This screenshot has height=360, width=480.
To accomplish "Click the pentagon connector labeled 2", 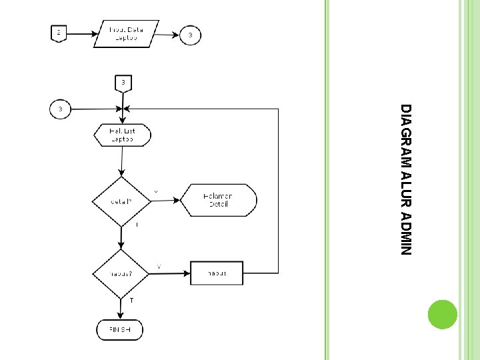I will point(59,33).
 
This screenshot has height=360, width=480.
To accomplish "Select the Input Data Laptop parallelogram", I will point(127,33).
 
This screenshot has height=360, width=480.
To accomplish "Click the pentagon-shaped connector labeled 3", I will point(123,83).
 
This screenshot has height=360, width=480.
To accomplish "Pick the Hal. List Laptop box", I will point(122,135).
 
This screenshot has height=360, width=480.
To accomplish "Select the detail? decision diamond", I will point(121,201).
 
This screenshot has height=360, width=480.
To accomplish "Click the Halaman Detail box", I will point(219,201).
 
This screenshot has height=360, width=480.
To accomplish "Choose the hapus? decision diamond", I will point(121,273).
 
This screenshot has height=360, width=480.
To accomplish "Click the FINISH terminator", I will point(121,329).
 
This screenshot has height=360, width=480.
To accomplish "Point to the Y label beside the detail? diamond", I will point(156,192).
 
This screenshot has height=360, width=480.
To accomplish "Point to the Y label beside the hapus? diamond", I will point(159,267).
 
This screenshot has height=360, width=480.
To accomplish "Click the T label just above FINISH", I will point(131,301).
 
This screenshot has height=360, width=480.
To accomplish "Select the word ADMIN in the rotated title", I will point(406,235).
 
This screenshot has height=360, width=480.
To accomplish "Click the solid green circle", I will point(442,314).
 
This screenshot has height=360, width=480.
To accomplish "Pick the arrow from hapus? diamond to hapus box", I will point(170,273).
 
